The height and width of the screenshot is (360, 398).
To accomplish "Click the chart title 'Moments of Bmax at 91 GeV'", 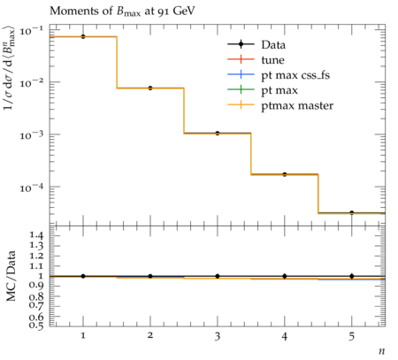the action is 122,11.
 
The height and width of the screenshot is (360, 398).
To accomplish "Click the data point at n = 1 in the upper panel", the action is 83,36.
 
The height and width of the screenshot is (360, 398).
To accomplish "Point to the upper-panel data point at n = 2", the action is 150,88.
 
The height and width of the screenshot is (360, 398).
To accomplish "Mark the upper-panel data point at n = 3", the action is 218,134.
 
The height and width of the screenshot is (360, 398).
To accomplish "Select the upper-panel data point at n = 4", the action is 285,174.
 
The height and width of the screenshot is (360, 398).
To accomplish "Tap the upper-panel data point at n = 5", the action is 352,212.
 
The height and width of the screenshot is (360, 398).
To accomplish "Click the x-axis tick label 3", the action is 218,336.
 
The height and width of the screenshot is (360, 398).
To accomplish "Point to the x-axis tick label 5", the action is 352,336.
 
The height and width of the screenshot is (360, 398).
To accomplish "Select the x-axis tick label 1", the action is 83,336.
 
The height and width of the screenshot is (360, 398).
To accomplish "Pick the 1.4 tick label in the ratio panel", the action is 36,235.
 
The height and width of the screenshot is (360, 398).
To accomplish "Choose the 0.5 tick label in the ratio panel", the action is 36,325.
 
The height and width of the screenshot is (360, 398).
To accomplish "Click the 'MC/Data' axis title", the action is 11,276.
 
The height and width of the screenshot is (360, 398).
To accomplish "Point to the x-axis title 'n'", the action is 382,351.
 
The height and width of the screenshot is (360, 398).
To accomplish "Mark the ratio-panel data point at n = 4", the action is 285,276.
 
